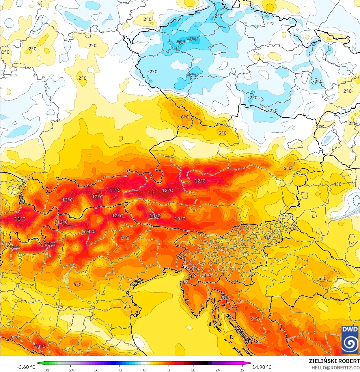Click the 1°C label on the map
click(x=5, y=52)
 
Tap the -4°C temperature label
click(x=193, y=39)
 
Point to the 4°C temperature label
click(x=337, y=184)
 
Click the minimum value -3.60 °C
click(x=26, y=367)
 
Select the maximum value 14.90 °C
click(x=262, y=367)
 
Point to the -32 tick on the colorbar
click(x=46, y=370)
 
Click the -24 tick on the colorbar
click(x=70, y=370)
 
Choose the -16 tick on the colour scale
click(x=95, y=370)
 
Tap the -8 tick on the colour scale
click(x=120, y=370)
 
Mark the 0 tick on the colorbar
click(x=144, y=370)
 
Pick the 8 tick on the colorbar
click(x=169, y=370)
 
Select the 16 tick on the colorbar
click(x=193, y=370)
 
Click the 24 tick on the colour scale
click(x=218, y=370)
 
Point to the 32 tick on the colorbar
click(x=242, y=370)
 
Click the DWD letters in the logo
click(x=350, y=329)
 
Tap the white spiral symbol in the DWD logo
click(x=350, y=343)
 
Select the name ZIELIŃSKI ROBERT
click(x=334, y=361)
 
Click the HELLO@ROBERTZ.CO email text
click(x=335, y=368)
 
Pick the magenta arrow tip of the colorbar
click(x=250, y=363)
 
